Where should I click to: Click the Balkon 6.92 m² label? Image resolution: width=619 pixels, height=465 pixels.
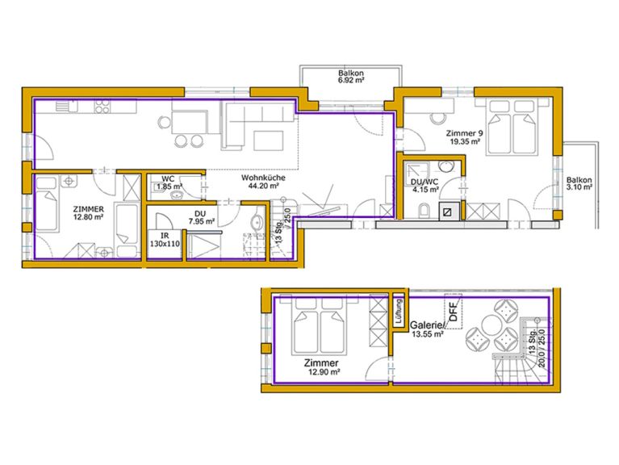tap(349, 77)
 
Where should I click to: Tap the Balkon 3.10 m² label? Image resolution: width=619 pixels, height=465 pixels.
tap(579, 183)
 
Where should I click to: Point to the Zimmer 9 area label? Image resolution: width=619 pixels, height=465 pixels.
tap(464, 137)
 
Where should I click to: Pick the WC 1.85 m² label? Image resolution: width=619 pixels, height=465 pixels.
tap(168, 183)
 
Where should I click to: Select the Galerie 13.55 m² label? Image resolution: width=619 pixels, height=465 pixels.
tap(427, 330)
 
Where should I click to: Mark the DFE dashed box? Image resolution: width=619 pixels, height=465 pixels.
tap(452, 312)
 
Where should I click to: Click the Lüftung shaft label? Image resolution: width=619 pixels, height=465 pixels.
tap(398, 312)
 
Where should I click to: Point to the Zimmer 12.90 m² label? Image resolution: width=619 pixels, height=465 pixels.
tap(322, 368)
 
